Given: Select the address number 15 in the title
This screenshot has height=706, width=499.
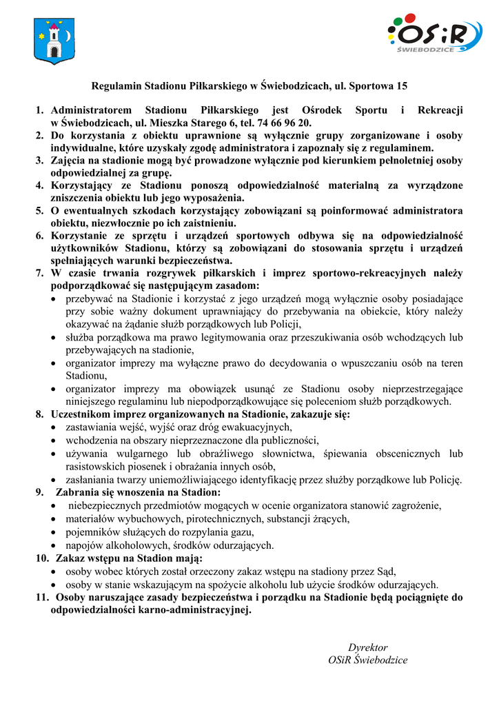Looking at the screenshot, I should click(401, 86).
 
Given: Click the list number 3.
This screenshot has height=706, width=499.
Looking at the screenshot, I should click(40, 161).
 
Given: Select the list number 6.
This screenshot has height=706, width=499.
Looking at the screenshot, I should click(40, 236).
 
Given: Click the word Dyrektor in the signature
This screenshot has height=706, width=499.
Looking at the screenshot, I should click(367, 647).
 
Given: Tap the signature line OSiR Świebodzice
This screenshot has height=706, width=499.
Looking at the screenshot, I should click(367, 660).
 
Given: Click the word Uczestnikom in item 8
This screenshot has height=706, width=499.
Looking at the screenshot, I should click(80, 414).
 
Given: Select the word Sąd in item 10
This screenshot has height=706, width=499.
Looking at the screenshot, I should click(387, 571).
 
